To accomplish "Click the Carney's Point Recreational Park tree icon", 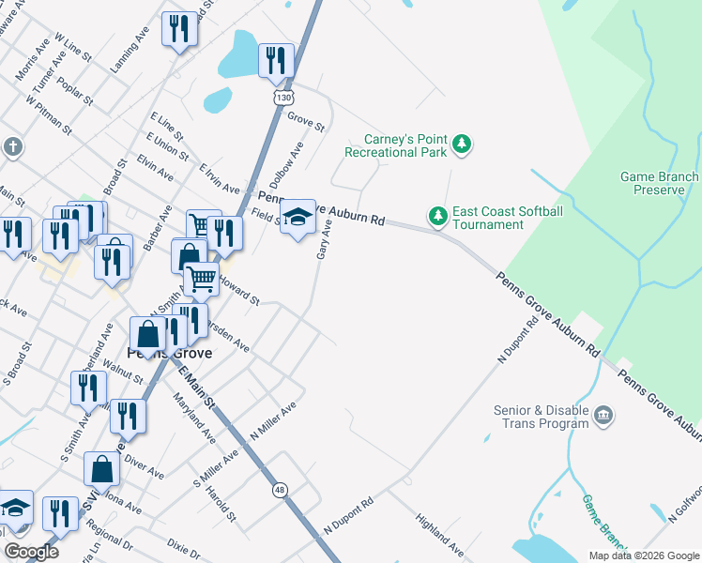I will click(x=460, y=145).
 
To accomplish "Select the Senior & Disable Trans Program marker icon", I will click(x=603, y=415).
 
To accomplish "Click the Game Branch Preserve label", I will click(x=659, y=183).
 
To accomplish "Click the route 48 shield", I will click(x=280, y=490).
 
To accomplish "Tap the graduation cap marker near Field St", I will click(x=298, y=218).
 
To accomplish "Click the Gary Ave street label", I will click(x=324, y=241).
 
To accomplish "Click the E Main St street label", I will click(x=198, y=388).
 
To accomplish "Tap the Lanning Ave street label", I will click(x=130, y=53).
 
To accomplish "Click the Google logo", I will click(x=30, y=552).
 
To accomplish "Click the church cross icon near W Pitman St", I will click(x=12, y=146).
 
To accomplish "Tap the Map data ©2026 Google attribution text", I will click(x=643, y=555).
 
